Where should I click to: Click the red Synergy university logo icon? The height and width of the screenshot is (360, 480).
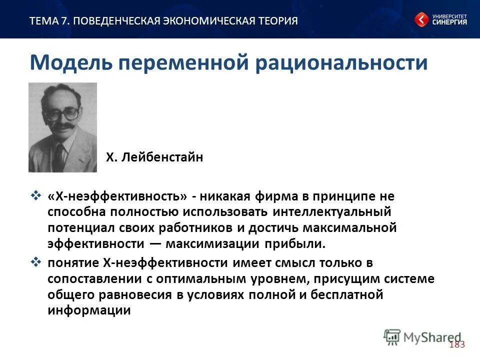coord(421,20)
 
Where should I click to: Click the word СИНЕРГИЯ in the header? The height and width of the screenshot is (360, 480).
coord(449,22)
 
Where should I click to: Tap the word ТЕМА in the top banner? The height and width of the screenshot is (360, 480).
coord(43,20)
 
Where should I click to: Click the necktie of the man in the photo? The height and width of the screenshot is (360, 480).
coord(59,155)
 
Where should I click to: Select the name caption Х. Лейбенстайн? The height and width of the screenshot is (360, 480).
coord(154,158)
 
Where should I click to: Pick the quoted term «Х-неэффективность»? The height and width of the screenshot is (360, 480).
coord(117,196)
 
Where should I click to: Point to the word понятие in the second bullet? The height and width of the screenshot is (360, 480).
coord(72,262)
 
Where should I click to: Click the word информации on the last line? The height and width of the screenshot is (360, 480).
coord(89,310)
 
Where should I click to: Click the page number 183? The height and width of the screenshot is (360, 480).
coord(457,344)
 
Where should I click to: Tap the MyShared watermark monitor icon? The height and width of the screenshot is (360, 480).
coord(392,336)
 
